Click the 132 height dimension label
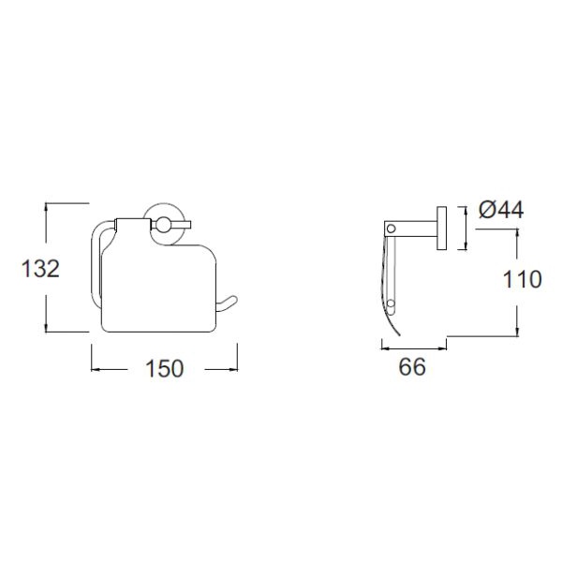tap(40, 269)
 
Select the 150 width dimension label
tap(165, 368)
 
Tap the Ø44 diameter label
tap(501, 210)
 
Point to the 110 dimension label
tap(523, 279)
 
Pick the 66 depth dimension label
tap(412, 366)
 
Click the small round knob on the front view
tap(163, 225)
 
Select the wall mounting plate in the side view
tap(441, 229)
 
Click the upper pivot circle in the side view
tap(391, 229)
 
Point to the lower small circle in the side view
tap(391, 303)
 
